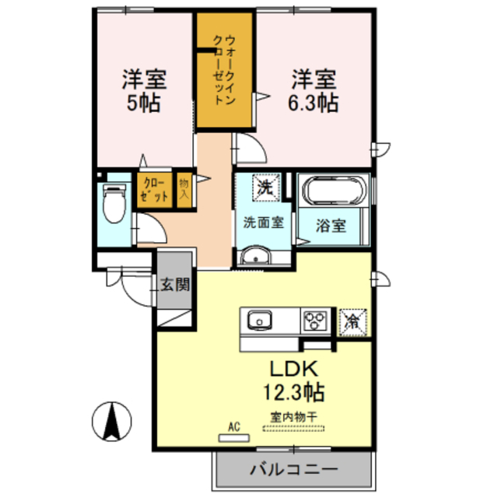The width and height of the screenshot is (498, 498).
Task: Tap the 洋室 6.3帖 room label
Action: click(314, 91)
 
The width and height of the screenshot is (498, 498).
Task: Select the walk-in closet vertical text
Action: click(224, 70)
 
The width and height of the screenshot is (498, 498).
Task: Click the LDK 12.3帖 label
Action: click(297, 378)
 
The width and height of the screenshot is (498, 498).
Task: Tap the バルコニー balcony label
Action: click(293, 470)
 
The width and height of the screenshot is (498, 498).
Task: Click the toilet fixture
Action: click(114, 204)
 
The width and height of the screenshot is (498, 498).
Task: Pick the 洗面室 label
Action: click(263, 221)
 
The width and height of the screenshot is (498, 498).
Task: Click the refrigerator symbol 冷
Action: click(352, 319)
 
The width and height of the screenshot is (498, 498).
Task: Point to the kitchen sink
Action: click(258, 319)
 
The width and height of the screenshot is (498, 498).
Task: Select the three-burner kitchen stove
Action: click(314, 319)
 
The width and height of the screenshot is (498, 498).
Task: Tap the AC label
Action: click(233, 426)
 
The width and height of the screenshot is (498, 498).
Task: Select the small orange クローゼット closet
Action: click(154, 190)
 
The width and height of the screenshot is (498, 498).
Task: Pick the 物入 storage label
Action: click(184, 190)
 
